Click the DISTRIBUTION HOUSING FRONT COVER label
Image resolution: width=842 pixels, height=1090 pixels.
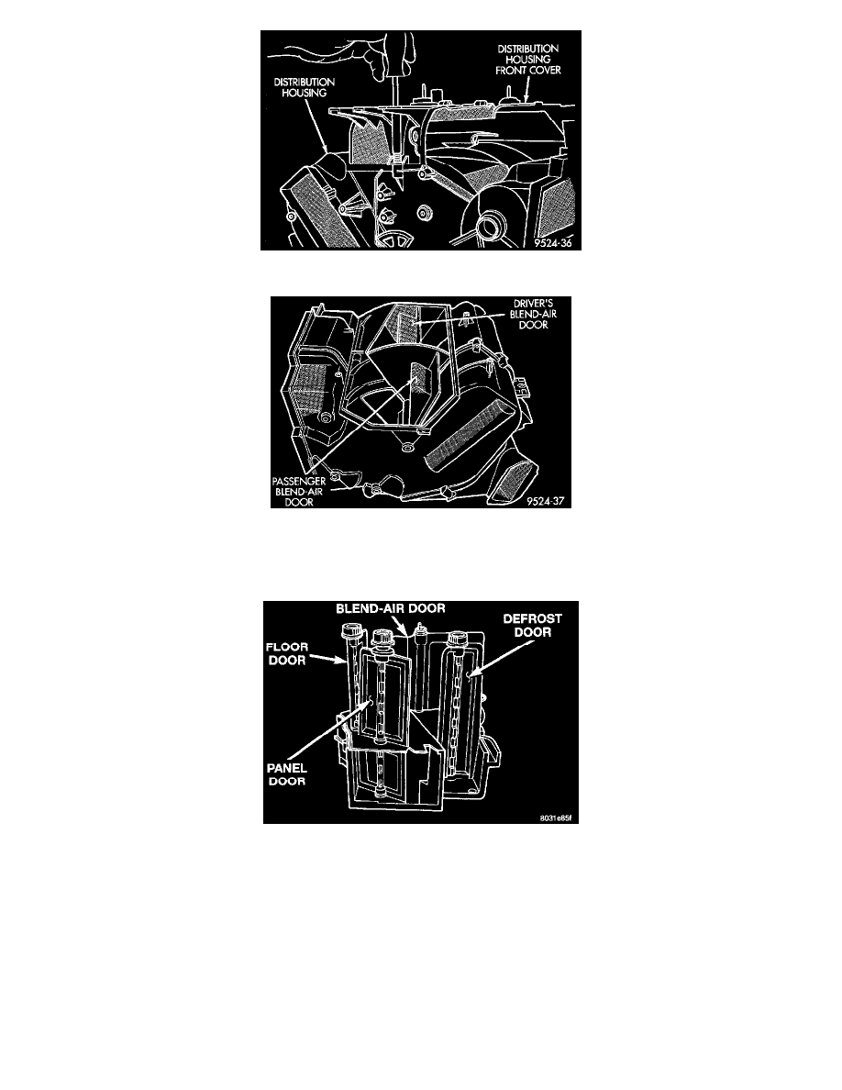click(x=528, y=59)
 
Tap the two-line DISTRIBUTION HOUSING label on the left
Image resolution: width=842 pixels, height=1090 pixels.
click(x=304, y=87)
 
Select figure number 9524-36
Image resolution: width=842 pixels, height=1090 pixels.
click(x=553, y=243)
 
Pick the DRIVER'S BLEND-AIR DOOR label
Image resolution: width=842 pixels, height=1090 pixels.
click(x=533, y=314)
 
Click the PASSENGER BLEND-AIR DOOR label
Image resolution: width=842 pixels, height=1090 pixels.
click(x=299, y=492)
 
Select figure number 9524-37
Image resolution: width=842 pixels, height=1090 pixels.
click(x=546, y=501)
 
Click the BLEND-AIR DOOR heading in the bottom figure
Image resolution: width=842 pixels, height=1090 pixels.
click(x=391, y=608)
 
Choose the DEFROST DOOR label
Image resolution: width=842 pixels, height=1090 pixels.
click(x=533, y=625)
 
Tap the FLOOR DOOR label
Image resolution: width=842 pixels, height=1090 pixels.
click(x=287, y=653)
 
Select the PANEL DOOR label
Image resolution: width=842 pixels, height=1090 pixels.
click(x=287, y=774)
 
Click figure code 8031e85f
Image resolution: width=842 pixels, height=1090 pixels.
click(x=556, y=817)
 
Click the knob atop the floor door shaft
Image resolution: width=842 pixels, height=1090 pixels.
click(x=349, y=632)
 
